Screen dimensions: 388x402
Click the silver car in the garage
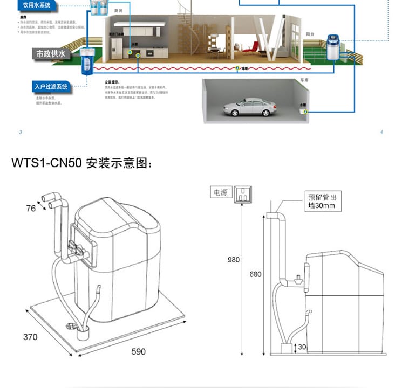click(250, 107)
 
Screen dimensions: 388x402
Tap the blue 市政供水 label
click(51, 54)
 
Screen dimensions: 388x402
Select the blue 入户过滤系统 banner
click(51, 86)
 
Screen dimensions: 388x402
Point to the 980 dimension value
click(233, 260)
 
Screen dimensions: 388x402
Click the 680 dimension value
click(255, 274)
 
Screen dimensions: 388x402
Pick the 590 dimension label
click(139, 351)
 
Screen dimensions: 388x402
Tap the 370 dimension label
click(30, 337)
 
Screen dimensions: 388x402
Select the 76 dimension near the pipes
click(31, 208)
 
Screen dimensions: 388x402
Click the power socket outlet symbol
click(243, 195)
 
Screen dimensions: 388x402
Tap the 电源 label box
click(220, 192)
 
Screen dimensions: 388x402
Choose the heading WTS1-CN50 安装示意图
click(83, 163)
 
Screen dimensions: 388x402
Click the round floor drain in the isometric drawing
click(70, 327)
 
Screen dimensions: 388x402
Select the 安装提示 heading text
click(112, 82)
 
